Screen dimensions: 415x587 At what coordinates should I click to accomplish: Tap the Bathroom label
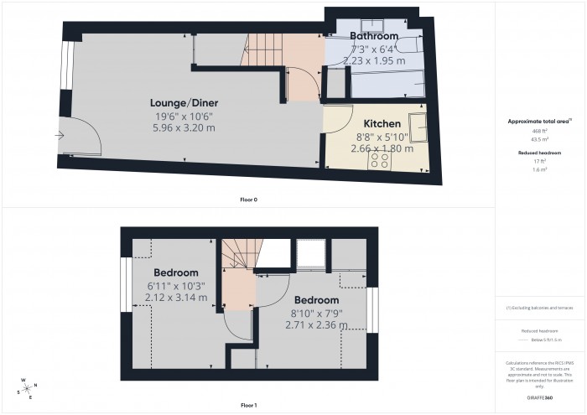pos(373,37)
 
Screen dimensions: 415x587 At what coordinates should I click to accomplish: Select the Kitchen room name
pos(382,123)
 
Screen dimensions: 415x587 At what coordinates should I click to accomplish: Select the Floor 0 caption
pos(248,200)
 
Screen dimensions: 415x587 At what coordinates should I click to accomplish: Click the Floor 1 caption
pos(248,405)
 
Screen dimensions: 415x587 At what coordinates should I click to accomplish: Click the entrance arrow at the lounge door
pos(60,134)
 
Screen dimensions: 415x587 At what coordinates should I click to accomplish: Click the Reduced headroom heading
pos(539,153)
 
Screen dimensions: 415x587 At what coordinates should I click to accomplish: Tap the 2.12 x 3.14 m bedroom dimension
pos(176,298)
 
